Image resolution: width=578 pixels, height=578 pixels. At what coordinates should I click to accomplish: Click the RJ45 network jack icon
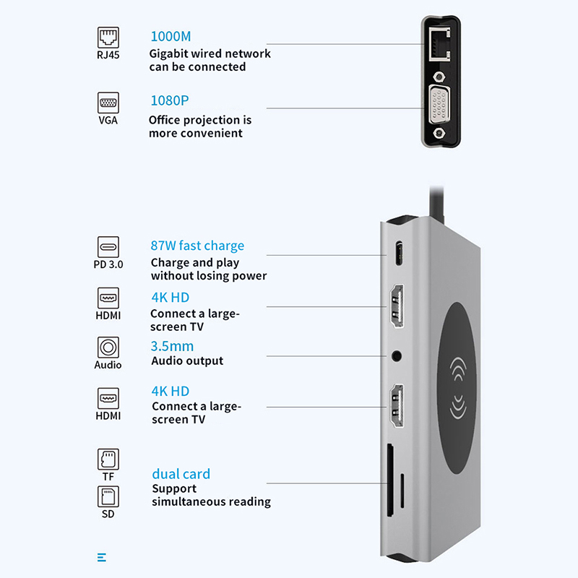(108, 37)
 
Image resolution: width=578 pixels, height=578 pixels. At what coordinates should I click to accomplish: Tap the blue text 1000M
(171, 36)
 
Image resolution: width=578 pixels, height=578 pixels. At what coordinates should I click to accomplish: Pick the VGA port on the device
(439, 105)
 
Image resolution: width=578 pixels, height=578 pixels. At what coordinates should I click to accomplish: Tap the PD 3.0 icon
(108, 246)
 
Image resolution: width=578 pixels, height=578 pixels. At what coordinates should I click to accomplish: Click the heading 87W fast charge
(197, 246)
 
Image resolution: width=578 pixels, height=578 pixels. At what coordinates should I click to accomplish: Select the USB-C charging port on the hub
(398, 254)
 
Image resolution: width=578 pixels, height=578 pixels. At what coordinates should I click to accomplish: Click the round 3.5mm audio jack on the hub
(397, 355)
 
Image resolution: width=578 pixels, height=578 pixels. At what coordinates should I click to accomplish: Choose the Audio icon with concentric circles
(108, 347)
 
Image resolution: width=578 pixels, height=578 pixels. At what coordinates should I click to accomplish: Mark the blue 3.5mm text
(172, 346)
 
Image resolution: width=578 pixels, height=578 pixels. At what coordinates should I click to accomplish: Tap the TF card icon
(108, 459)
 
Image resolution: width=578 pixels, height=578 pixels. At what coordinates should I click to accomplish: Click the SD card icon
(108, 496)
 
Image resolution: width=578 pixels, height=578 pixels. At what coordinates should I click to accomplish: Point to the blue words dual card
(181, 474)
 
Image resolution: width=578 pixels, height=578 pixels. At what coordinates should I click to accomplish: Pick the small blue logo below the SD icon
(101, 557)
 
